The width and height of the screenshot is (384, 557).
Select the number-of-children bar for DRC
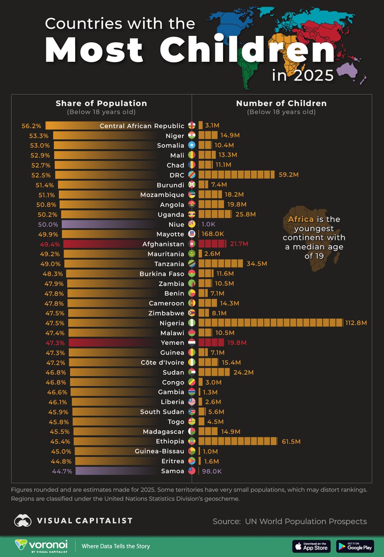click(x=236, y=175)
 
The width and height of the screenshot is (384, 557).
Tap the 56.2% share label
click(x=32, y=126)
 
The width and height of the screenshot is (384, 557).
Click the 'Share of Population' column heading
click(x=101, y=104)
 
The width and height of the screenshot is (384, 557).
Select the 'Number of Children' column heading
click(x=281, y=104)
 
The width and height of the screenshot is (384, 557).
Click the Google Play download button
click(x=355, y=546)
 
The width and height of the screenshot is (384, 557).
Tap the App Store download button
click(x=311, y=546)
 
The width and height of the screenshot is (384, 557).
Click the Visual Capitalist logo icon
click(x=23, y=521)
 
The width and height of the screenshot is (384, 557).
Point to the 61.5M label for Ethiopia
click(x=291, y=441)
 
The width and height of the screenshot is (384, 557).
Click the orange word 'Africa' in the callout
click(x=300, y=219)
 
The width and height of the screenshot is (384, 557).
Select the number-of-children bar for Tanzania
click(x=221, y=264)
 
